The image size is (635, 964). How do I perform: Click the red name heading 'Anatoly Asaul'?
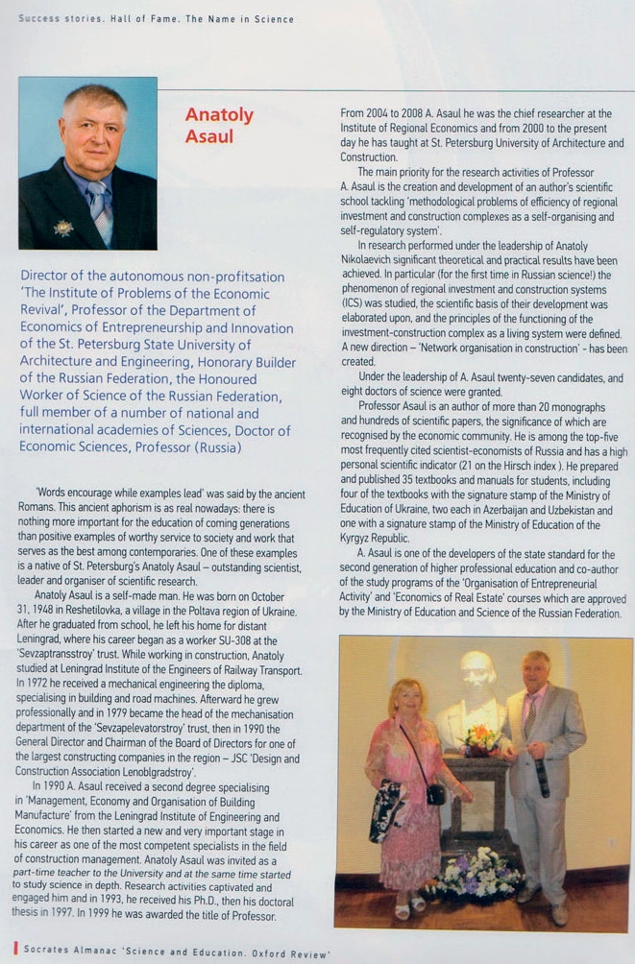point(219,125)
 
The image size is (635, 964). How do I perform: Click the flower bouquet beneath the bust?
point(479,738)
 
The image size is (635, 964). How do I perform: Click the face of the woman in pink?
point(404,699)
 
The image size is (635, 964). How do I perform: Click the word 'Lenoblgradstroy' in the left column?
point(154,771)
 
